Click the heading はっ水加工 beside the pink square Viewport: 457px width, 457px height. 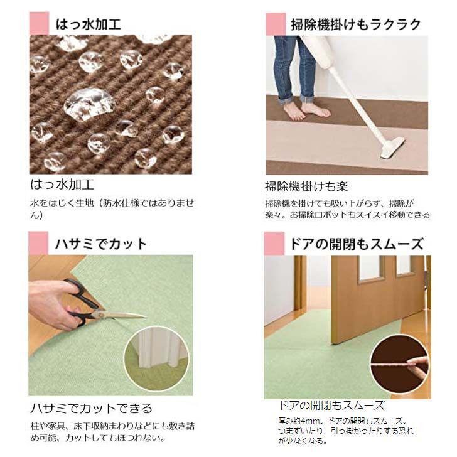pyautogui.click(x=88, y=24)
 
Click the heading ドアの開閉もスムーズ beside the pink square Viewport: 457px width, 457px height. pyautogui.click(x=355, y=244)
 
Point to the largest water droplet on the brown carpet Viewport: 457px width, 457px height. pyautogui.click(x=89, y=103)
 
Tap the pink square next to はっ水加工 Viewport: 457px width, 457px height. pyautogui.click(x=39, y=24)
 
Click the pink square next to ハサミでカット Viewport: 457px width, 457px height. pyautogui.click(x=39, y=243)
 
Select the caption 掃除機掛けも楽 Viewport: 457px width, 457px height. pyautogui.click(x=306, y=187)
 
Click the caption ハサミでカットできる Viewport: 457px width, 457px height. pyautogui.click(x=92, y=409)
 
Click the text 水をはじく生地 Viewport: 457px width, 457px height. pyautogui.click(x=59, y=203)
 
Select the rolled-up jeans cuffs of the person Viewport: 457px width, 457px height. pyautogui.click(x=295, y=97)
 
